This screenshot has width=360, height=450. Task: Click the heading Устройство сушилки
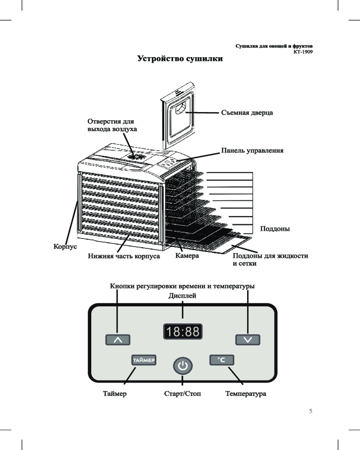click(x=180, y=59)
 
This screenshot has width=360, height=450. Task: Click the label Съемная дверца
click(x=247, y=112)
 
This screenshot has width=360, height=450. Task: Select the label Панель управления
click(x=252, y=150)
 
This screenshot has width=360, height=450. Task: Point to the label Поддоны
click(x=275, y=229)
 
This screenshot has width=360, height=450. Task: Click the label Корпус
click(x=63, y=247)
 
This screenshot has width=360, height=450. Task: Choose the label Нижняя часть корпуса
click(x=124, y=256)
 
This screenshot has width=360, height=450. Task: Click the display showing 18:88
click(x=182, y=333)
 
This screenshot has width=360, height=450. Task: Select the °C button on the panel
click(x=222, y=360)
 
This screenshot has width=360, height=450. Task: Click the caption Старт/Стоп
click(x=182, y=394)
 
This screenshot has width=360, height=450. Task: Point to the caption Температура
click(x=245, y=394)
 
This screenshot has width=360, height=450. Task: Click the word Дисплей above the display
click(x=182, y=296)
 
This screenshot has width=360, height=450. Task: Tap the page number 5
click(x=310, y=411)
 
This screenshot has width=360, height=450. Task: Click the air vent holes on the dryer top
click(x=135, y=157)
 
